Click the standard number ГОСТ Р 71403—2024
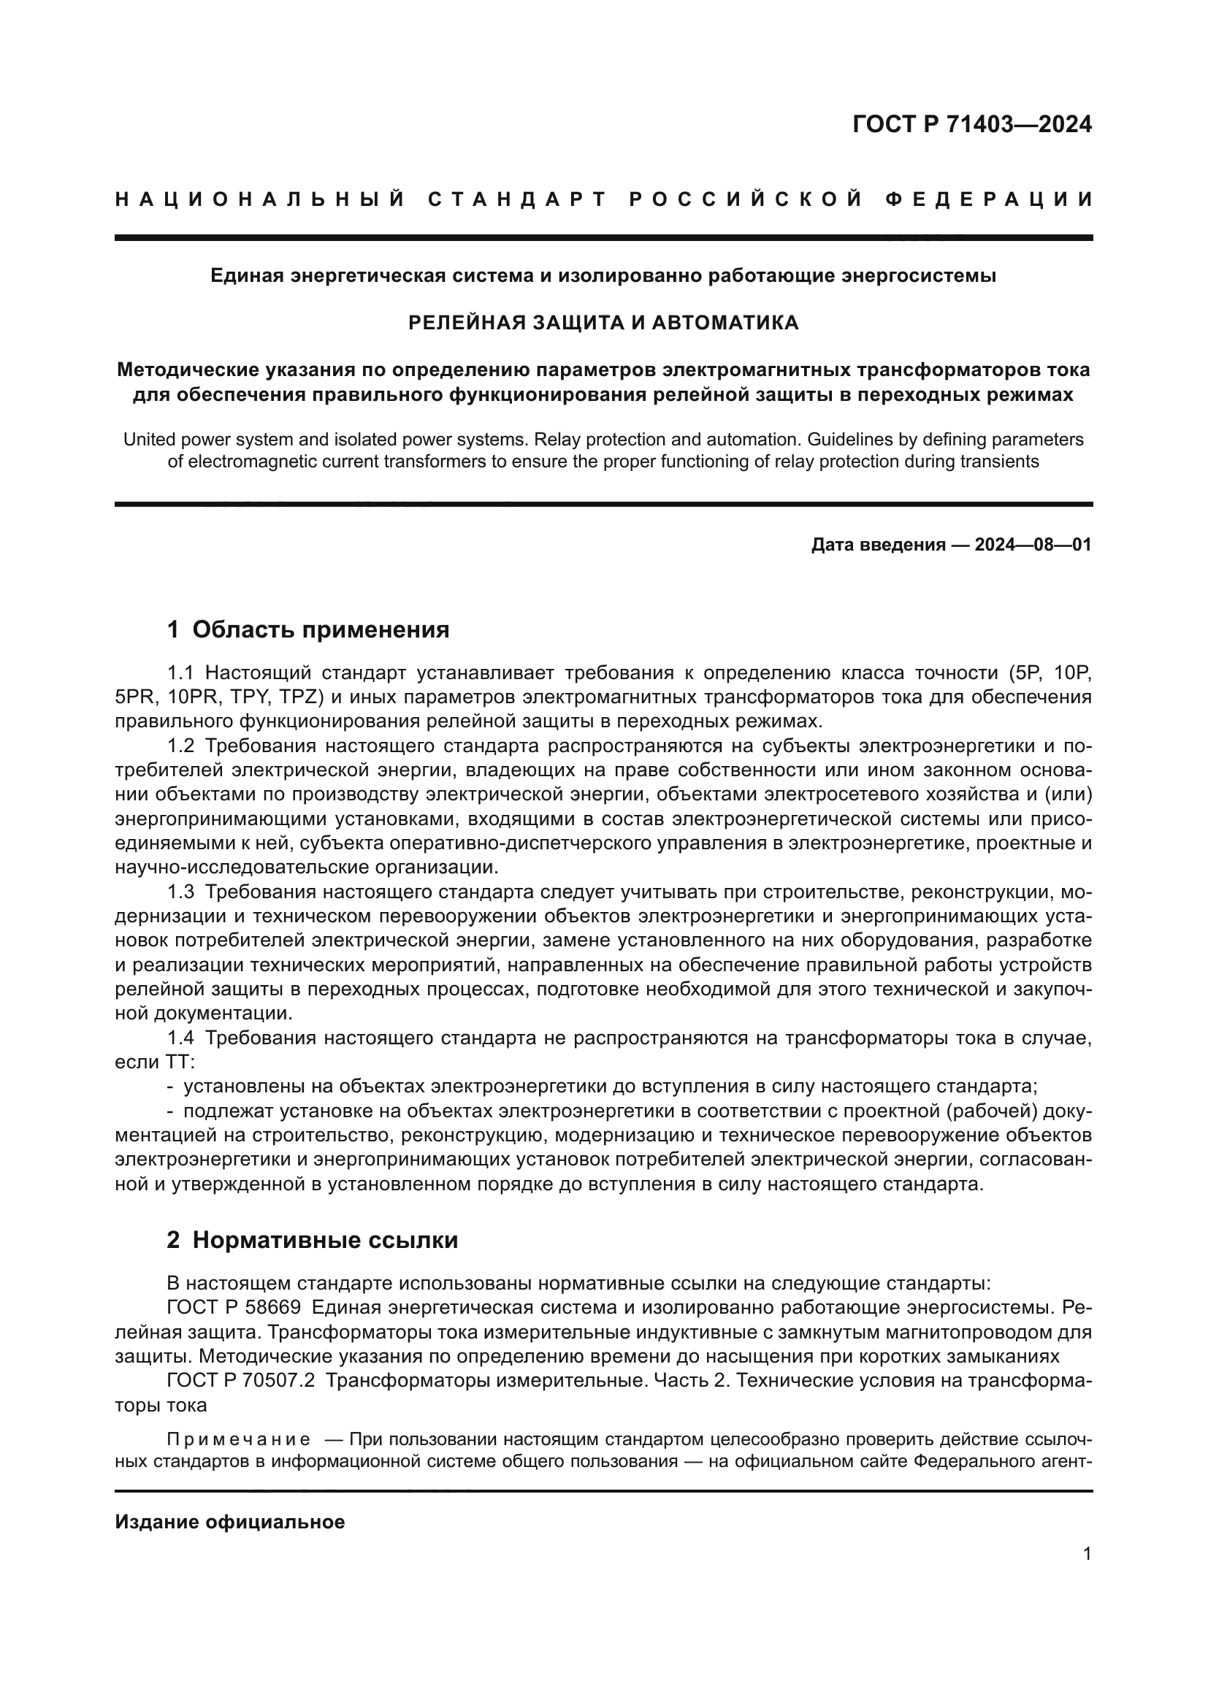coord(971,124)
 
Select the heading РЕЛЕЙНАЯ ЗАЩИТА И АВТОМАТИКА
coord(604,322)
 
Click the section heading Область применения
coord(321,629)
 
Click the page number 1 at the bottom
coord(1087,1554)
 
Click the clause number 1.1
coord(180,673)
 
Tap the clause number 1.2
coord(180,746)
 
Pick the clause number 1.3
coord(180,892)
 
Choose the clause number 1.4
coord(180,1038)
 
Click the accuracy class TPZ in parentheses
coord(299,698)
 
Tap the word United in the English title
coord(148,440)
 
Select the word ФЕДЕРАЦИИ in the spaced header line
coord(989,199)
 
